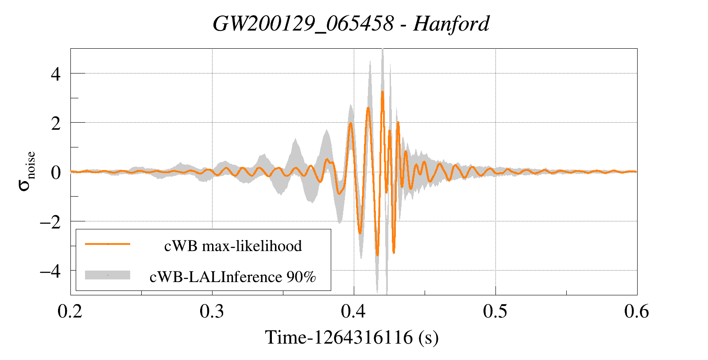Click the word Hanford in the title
(451, 23)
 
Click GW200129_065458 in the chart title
(303, 23)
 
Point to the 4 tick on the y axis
(56, 74)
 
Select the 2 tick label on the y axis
(56, 124)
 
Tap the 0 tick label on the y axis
(56, 173)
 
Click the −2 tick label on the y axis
(50, 222)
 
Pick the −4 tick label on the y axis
(50, 271)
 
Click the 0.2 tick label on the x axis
(70, 312)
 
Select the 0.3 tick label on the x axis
(212, 312)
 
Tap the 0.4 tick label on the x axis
(353, 312)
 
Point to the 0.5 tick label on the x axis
(495, 312)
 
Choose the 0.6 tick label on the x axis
(637, 312)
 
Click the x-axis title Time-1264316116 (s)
(352, 337)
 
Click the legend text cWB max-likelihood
(233, 246)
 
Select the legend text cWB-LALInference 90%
(233, 277)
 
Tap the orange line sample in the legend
(108, 244)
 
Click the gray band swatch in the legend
(108, 275)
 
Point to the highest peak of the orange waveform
(383, 92)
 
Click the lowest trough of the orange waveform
(377, 255)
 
